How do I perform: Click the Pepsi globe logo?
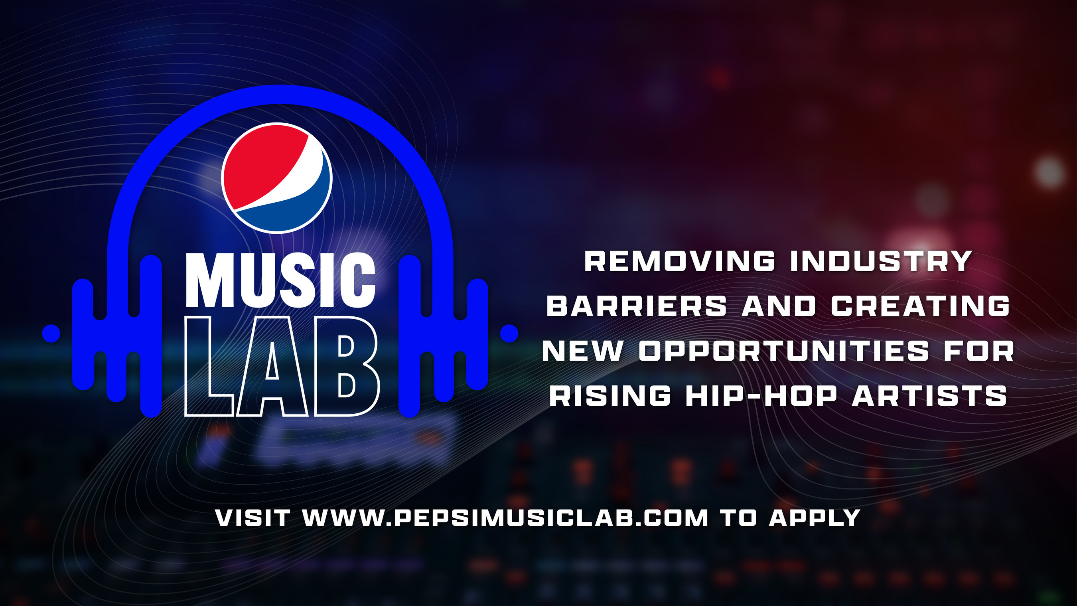277,178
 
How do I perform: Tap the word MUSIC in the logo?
280,280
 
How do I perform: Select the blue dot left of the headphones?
51,334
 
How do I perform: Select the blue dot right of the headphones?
509,334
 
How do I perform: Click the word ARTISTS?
929,395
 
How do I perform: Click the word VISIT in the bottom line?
252,518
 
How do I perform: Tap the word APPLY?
815,518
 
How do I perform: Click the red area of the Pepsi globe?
261,163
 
